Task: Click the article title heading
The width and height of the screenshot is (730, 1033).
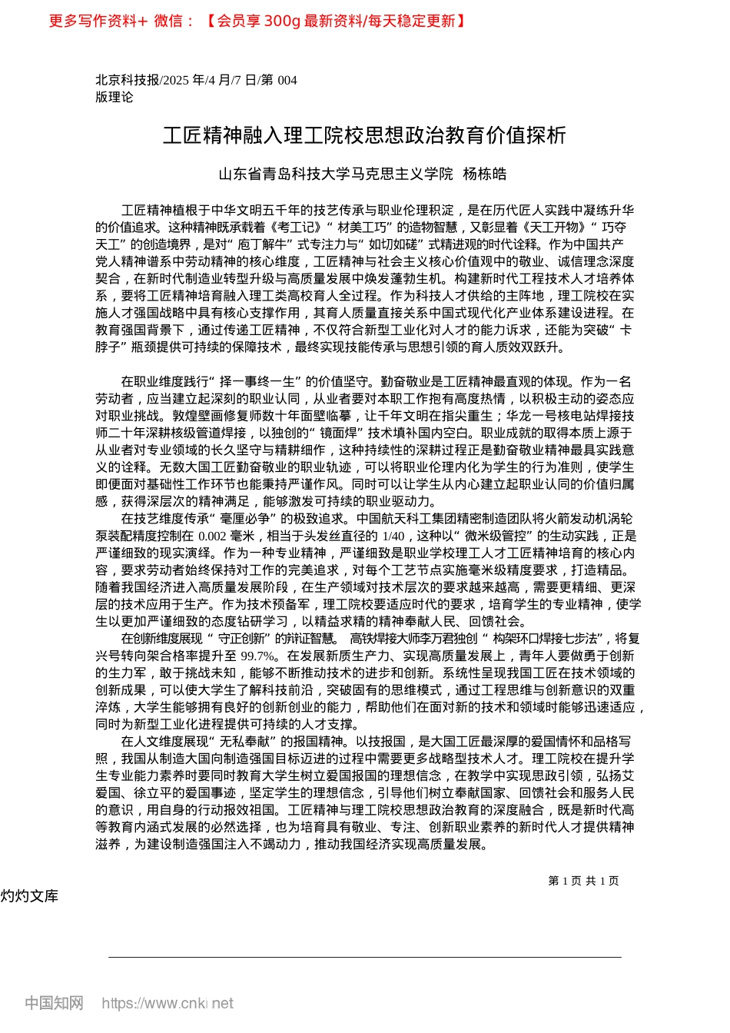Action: [364, 136]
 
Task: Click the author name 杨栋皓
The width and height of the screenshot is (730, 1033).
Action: [485, 174]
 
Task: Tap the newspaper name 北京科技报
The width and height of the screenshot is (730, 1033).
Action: [127, 80]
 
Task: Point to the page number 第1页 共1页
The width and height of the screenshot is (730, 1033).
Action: [583, 881]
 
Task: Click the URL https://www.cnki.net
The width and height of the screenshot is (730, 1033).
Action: [167, 1003]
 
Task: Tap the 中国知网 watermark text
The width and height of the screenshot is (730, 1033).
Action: [54, 1003]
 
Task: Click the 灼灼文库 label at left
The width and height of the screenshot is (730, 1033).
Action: [29, 896]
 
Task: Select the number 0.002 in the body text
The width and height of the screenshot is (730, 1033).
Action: [212, 536]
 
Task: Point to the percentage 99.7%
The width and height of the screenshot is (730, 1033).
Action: [258, 656]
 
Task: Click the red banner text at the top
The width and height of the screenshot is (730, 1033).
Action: [257, 21]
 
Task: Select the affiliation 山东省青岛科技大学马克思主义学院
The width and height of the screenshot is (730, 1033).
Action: [336, 174]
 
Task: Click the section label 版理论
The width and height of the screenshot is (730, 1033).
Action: [114, 97]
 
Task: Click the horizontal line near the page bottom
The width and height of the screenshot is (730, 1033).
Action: [364, 957]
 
